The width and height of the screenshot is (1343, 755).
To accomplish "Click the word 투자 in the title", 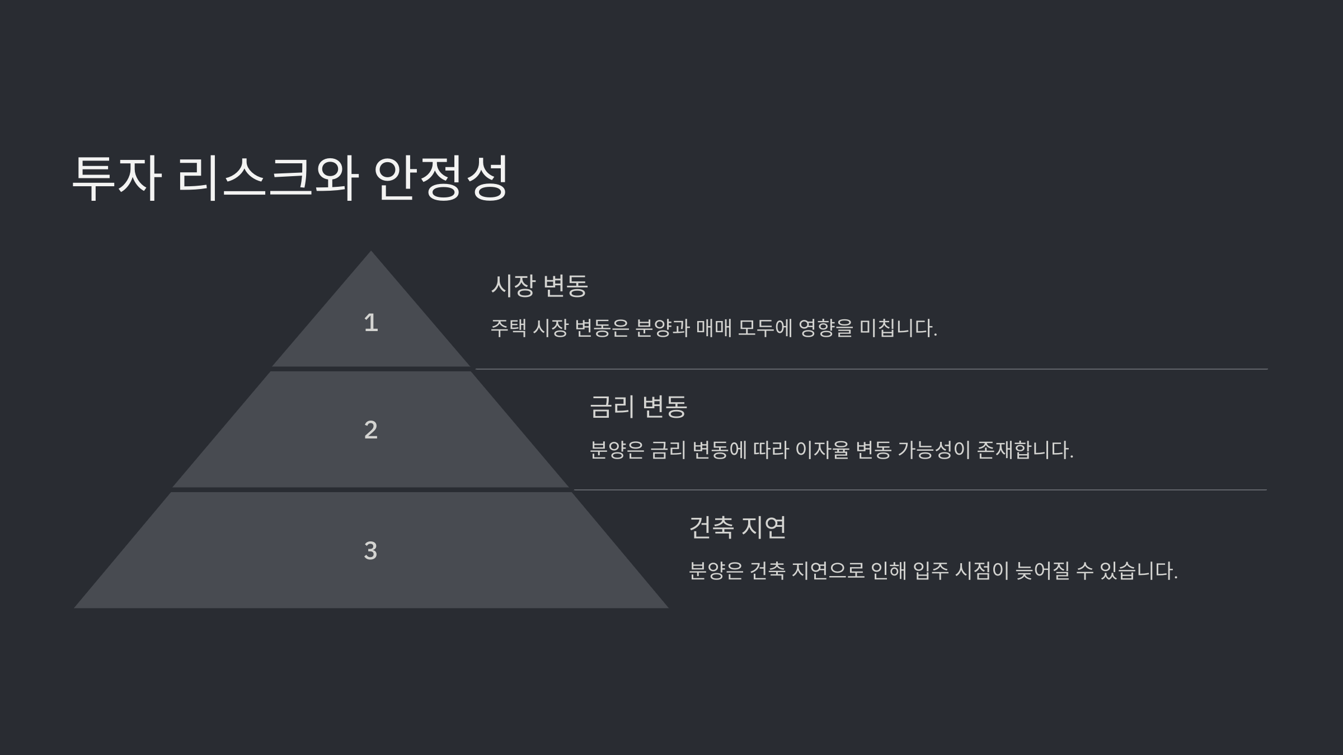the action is point(117,177).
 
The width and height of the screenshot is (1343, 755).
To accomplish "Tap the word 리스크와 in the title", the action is point(267,177).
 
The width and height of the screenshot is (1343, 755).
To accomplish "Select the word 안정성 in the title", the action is point(441,177).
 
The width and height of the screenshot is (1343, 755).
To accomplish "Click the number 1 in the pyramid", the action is point(370,323).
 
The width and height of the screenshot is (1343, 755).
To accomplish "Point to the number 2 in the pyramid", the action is point(370,430).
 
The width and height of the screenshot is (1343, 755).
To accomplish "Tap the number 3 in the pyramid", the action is point(370,551).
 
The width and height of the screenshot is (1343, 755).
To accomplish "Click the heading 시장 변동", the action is point(539,285).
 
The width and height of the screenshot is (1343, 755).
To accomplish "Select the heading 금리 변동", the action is point(638,407).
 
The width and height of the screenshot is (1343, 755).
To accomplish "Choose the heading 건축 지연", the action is point(738,527).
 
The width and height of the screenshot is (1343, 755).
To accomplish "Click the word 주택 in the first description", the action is point(508,328).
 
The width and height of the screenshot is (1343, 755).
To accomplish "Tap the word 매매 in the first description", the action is point(714,328).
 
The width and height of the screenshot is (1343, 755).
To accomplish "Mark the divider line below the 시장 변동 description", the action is point(871,369).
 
